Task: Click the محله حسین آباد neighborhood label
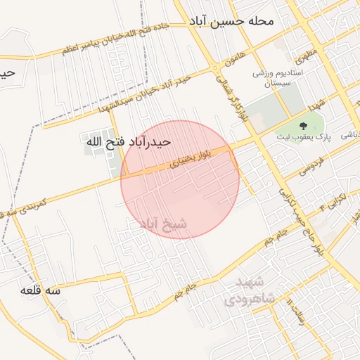(231, 21)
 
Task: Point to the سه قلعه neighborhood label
(40, 290)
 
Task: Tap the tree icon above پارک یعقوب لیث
(303, 127)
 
